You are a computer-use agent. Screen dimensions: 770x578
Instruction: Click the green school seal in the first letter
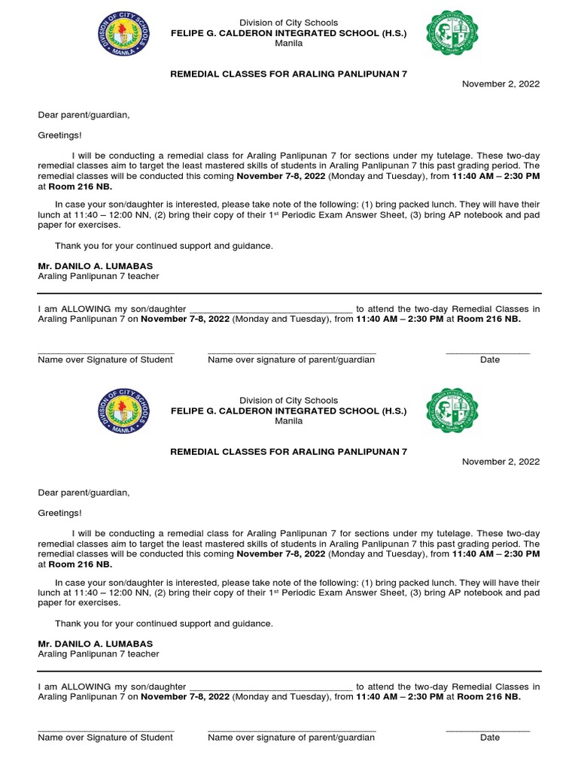pyautogui.click(x=452, y=32)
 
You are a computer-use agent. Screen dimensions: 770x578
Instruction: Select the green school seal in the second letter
pyautogui.click(x=452, y=410)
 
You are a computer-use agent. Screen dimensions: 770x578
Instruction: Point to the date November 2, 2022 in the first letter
pyautogui.click(x=500, y=84)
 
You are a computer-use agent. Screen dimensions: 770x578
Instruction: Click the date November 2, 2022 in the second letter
pyautogui.click(x=500, y=462)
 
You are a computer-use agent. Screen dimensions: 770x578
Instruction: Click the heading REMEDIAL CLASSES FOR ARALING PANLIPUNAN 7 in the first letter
pyautogui.click(x=289, y=74)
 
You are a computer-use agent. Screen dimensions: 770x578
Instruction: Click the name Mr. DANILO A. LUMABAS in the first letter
pyautogui.click(x=95, y=266)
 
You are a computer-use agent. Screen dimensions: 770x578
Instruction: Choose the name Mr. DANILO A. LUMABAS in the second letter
pyautogui.click(x=95, y=644)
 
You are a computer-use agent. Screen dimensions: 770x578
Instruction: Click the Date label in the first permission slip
pyautogui.click(x=489, y=360)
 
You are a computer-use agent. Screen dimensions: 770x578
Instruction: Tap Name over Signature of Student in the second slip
pyautogui.click(x=105, y=738)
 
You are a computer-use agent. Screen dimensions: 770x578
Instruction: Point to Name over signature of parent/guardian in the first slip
pyautogui.click(x=291, y=360)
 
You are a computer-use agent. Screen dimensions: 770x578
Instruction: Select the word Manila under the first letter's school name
pyautogui.click(x=290, y=44)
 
